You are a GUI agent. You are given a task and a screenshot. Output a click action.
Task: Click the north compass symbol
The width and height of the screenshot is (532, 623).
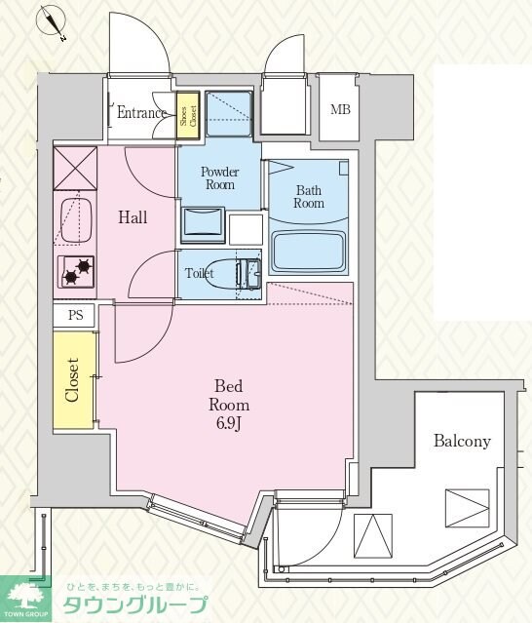[x=52, y=22]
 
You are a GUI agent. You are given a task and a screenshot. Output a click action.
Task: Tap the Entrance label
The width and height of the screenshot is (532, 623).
[x=141, y=113]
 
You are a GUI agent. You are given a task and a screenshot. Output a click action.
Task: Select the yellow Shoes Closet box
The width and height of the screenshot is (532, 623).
[x=188, y=116]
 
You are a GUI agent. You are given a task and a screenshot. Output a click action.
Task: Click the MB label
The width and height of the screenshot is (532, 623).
[x=340, y=109]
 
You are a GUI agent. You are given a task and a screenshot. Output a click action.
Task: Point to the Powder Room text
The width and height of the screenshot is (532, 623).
[x=219, y=178]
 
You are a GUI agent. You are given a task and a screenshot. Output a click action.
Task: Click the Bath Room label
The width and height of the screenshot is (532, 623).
[x=309, y=197]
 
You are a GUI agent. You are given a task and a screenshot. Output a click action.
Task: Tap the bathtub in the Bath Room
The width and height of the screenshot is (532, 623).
[x=309, y=252]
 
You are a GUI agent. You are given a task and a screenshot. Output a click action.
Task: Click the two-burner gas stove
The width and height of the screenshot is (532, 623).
[x=77, y=272]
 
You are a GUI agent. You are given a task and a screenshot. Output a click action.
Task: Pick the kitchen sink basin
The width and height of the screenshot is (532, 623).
[x=76, y=219]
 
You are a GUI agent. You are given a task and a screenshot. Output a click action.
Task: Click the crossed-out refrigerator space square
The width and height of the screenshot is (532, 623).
[x=75, y=169]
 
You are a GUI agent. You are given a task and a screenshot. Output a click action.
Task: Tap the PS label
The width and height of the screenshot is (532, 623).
[x=75, y=315]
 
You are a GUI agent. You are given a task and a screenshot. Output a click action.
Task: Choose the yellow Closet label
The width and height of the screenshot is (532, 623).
[x=72, y=380]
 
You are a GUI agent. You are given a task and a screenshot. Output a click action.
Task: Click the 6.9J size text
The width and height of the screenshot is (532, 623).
[x=229, y=424]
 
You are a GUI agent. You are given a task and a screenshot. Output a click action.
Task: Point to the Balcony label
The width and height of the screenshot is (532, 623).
[x=462, y=442]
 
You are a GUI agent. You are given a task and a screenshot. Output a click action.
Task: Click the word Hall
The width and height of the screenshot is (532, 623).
[x=133, y=217]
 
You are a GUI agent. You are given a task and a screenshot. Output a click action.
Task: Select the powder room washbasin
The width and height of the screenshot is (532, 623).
[x=204, y=225]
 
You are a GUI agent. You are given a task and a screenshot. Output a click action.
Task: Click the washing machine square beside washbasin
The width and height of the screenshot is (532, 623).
[x=246, y=230]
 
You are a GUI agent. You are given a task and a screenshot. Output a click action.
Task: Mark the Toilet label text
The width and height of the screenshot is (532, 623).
[x=199, y=273]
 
